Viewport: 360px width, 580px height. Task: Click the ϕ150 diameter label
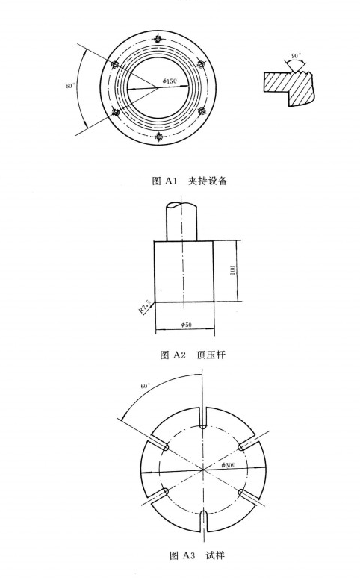coord(170,81)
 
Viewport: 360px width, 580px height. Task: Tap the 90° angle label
coord(296,56)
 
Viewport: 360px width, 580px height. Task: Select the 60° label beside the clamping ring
coord(70,86)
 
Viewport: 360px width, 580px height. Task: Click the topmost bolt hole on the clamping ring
coord(159,39)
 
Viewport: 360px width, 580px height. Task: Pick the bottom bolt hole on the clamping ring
coord(159,137)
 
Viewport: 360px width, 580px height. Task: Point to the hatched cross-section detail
coord(288,87)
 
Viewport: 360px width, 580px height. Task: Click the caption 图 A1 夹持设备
coord(190,181)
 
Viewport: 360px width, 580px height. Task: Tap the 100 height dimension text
coord(232,270)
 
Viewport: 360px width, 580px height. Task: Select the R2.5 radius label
coord(145,306)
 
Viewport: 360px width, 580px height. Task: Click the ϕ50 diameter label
coord(186,325)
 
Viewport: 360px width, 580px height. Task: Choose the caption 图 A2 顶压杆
coord(193,355)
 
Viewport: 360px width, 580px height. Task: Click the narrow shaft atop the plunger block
coord(181,221)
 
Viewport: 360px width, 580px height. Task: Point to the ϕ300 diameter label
coord(229,465)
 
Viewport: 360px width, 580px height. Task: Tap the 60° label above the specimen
coord(146,386)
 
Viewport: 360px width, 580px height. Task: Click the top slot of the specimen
coord(203,418)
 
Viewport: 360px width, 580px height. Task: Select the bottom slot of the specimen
coord(203,521)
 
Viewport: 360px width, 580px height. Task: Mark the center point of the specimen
coord(203,470)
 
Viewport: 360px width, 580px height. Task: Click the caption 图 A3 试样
coord(197,555)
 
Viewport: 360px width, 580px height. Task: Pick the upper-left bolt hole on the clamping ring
coord(115,64)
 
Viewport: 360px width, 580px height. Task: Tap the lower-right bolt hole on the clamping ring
coord(202,111)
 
